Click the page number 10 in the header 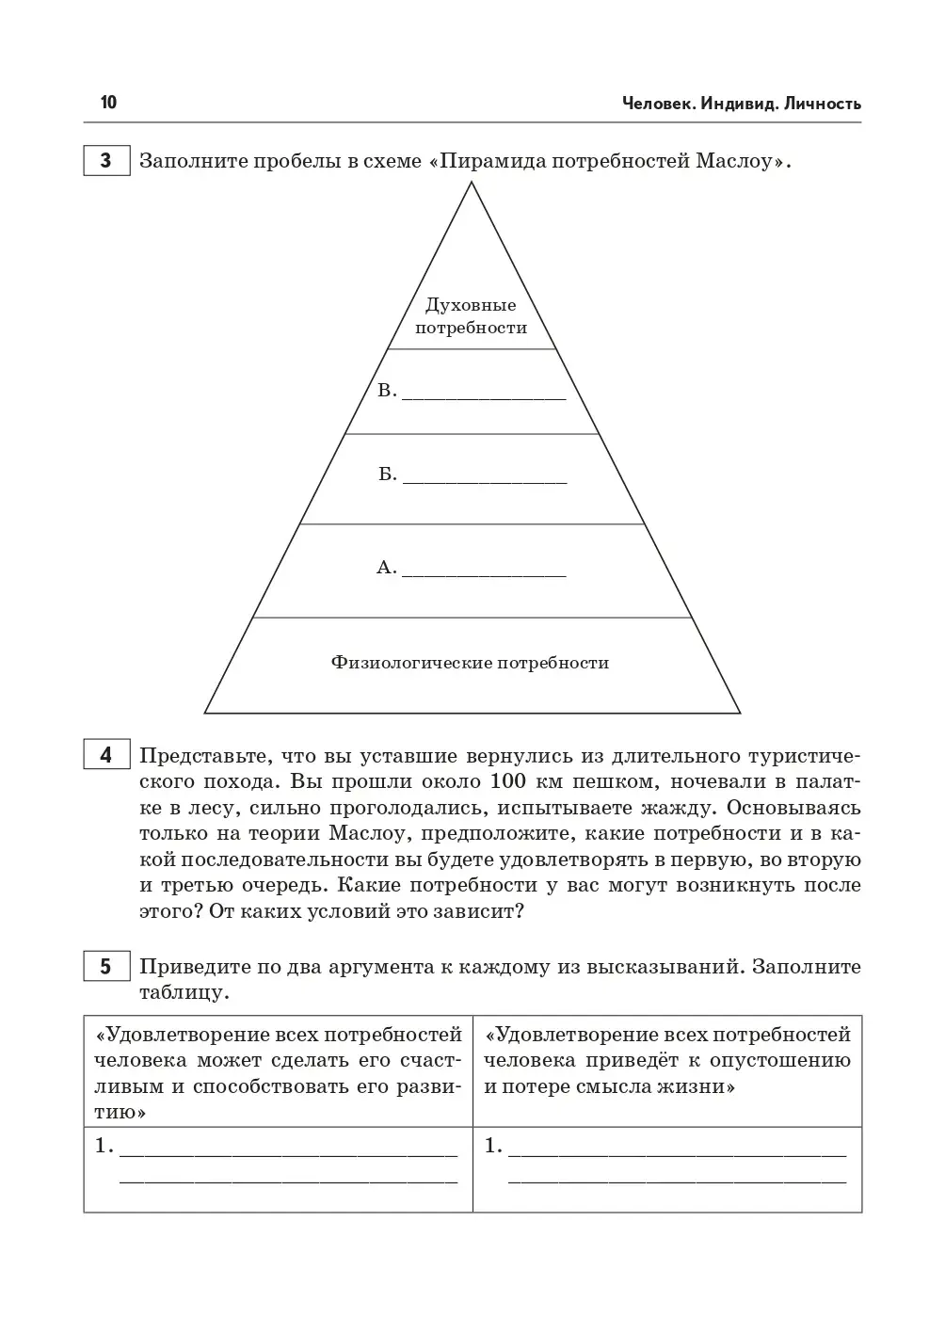(109, 103)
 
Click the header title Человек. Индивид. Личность (741, 104)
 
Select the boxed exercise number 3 (106, 161)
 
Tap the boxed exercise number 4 (106, 755)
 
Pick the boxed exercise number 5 (106, 967)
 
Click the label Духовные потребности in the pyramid (471, 316)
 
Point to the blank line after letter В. (484, 397)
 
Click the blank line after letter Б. (484, 481)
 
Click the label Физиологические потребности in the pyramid (470, 663)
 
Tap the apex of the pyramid (471, 185)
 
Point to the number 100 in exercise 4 (509, 781)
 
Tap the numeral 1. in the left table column (104, 1147)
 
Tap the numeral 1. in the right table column (493, 1147)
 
